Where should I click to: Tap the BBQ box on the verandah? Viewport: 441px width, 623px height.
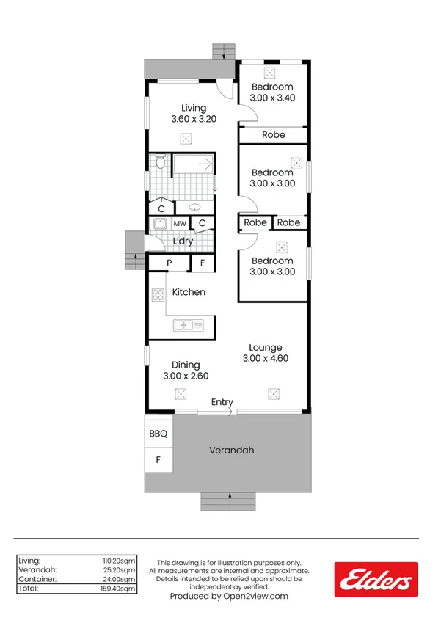[x=158, y=434]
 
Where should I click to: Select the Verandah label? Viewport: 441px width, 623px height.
[x=231, y=450]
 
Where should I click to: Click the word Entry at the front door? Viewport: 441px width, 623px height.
[x=222, y=402]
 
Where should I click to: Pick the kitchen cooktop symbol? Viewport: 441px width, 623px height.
[x=157, y=295]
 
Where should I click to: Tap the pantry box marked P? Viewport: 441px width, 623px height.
[x=169, y=263]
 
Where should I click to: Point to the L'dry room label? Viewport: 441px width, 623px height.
[x=183, y=241]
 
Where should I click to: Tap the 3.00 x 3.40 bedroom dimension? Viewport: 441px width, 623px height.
[x=272, y=98]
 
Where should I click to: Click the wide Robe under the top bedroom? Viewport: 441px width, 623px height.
[x=273, y=135]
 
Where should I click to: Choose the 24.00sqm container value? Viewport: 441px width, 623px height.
[x=120, y=579]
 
